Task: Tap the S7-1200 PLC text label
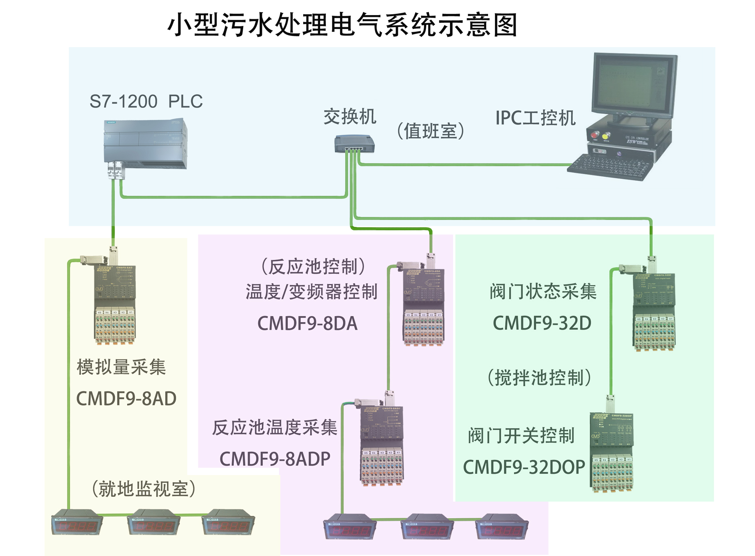coord(146,101)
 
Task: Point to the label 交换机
coord(350,117)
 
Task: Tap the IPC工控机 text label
coord(535,118)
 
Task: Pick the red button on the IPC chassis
coord(595,134)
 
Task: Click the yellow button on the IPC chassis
coord(606,136)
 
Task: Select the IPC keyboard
coord(610,167)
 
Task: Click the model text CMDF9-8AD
coord(126,398)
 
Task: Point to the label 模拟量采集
coord(121,367)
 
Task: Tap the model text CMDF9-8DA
coord(307,323)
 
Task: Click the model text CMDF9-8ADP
coord(275,459)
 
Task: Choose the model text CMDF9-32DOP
coord(524,467)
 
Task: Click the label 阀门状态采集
coord(543,292)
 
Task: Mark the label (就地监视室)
coord(143,489)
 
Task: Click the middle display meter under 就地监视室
coord(154,523)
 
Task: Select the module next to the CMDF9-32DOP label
coord(611,451)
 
